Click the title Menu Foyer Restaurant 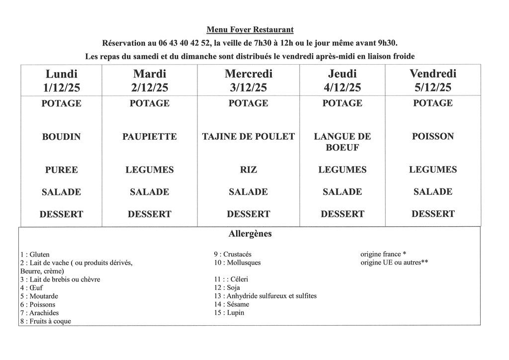(253, 30)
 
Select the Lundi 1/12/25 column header (62, 81)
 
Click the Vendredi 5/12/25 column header (432, 81)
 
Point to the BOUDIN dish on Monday (62, 137)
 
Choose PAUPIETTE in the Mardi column (149, 137)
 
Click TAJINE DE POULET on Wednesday (249, 137)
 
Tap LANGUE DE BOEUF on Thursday (342, 142)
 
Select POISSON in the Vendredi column (432, 136)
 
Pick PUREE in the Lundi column (62, 170)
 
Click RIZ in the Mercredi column (249, 170)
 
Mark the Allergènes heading (250, 234)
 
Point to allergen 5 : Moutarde (39, 296)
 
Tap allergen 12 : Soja (227, 287)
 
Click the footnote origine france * (383, 254)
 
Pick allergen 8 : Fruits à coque (45, 321)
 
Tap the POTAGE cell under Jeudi (342, 103)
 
